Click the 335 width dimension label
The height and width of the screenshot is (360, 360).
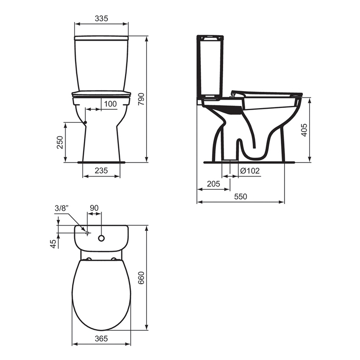[102, 18]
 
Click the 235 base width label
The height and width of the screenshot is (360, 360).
[101, 170]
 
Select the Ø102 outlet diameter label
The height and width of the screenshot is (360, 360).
[249, 170]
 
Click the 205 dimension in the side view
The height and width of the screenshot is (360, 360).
[213, 184]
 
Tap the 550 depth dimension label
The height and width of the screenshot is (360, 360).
[240, 197]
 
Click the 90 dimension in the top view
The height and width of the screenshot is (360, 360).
[94, 208]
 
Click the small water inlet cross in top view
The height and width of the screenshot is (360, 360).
[87, 233]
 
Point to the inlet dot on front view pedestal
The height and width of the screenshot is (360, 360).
[86, 122]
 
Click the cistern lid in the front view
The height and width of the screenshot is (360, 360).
[101, 38]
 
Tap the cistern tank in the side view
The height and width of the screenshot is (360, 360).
[210, 68]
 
